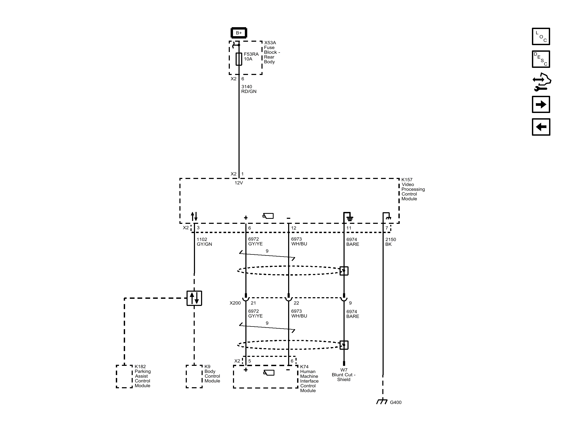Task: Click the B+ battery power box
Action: [x=239, y=33]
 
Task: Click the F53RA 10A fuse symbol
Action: [x=239, y=59]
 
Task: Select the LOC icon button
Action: [x=541, y=36]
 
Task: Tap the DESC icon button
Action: [x=541, y=59]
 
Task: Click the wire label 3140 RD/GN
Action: [x=249, y=89]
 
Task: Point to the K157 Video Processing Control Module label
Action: [x=413, y=189]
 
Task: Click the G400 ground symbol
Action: [x=382, y=401]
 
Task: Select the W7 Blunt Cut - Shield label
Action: [x=344, y=375]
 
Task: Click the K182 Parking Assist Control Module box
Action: [x=124, y=376]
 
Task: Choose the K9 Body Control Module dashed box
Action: [x=194, y=376]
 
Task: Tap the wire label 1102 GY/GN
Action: [x=204, y=242]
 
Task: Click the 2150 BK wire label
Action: [x=390, y=242]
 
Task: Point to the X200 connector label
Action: [x=235, y=303]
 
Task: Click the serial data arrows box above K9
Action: [x=194, y=298]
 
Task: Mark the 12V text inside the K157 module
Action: [x=239, y=183]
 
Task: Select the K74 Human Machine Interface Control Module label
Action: [x=309, y=379]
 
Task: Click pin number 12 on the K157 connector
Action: [x=293, y=228]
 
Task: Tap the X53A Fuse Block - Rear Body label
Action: [x=272, y=52]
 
